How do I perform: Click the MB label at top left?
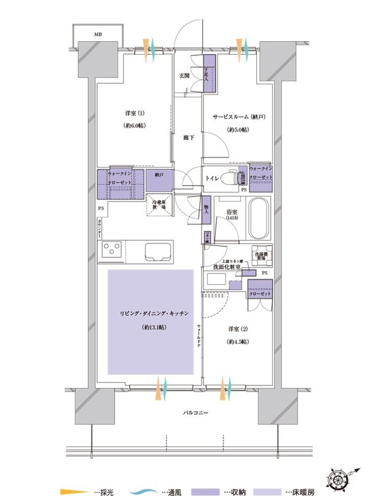pos(98,35)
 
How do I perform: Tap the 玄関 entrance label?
pos(184,76)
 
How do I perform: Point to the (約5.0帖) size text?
pos(237,130)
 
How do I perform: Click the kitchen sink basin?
pos(159,252)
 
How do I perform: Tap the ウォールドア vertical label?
pos(199,336)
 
